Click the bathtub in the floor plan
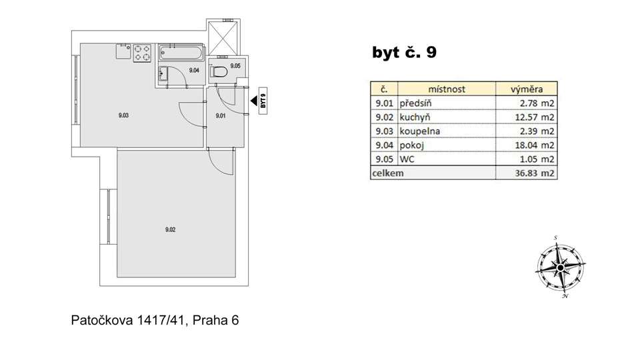[181, 53]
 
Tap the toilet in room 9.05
[219, 72]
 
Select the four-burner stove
[142, 53]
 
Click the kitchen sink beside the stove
[123, 51]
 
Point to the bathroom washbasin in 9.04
[163, 74]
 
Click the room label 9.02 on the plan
[170, 230]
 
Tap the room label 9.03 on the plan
[124, 115]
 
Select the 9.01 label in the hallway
[221, 116]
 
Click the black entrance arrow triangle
[253, 101]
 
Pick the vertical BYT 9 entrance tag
[263, 101]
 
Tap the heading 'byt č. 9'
[404, 52]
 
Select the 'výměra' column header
[527, 89]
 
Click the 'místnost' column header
[447, 89]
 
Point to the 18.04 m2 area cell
[534, 145]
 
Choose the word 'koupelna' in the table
[419, 131]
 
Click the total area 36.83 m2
[534, 173]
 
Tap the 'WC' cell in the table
[407, 159]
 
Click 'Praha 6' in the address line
[215, 321]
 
